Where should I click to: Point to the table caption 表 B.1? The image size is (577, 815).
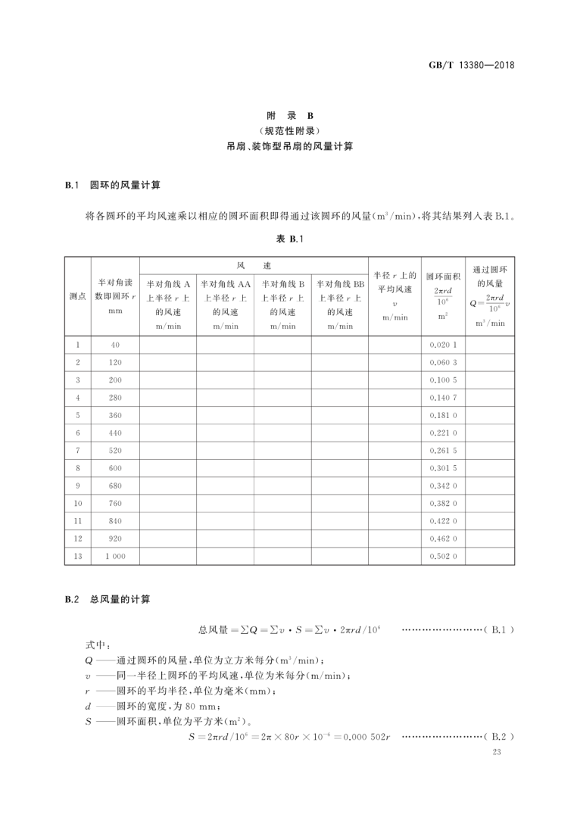coord(288,239)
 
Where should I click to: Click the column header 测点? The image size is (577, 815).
coord(77,296)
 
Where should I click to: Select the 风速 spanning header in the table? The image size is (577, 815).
coord(253,266)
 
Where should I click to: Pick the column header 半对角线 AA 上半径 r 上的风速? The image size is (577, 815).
coord(225,304)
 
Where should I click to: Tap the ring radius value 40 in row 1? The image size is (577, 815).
coord(115,345)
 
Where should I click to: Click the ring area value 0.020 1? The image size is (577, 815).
coord(443,345)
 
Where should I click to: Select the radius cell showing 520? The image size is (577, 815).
coord(115,451)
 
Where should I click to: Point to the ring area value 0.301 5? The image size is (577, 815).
coord(443,468)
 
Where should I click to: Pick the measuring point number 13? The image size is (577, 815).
coord(77,556)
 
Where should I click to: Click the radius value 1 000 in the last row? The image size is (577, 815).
coord(115,556)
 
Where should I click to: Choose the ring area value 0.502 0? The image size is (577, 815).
coord(443,556)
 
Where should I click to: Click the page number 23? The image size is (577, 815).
coord(497,753)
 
